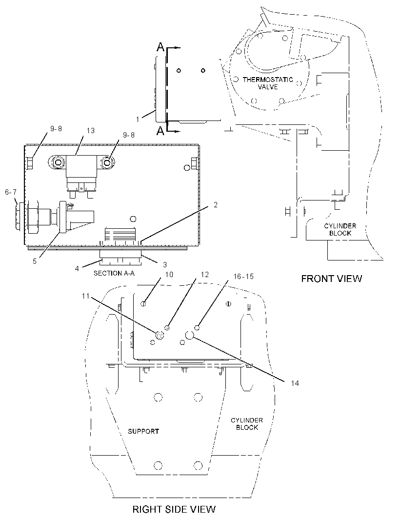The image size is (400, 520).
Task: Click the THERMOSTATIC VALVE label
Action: coord(268,83)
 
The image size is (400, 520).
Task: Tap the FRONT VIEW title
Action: coord(331,279)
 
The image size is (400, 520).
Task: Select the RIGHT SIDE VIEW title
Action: coord(174,509)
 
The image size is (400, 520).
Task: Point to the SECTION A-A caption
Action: coord(114,273)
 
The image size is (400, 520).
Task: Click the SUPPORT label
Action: coord(143,431)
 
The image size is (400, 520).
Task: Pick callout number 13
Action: coord(91,131)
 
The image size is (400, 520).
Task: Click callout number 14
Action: coord(295,383)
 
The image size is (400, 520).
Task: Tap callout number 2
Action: coord(216,204)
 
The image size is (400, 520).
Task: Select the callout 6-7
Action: coord(11,192)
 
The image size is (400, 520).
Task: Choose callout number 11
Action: coord(86,296)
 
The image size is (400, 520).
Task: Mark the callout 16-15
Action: coord(243,276)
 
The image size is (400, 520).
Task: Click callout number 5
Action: coord(35,261)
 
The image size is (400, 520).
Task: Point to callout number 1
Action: coord(138,119)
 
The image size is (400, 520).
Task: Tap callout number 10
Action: coord(169,274)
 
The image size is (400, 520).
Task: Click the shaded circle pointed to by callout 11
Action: coord(160,335)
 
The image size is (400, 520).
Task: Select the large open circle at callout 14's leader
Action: coord(189,335)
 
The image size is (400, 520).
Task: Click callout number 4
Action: coord(77,268)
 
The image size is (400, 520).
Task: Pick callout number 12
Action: coord(205,274)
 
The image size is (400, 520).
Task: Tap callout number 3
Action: coord(165,264)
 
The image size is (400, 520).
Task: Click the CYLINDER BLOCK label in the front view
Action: coord(340,229)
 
